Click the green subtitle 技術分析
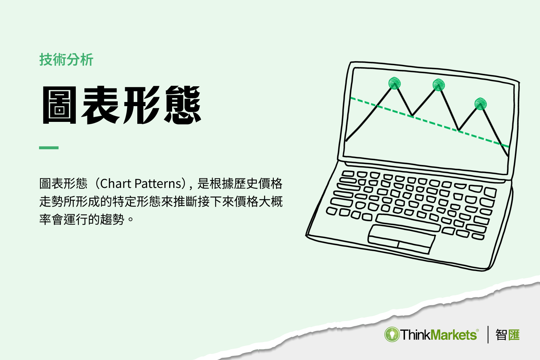coord(66,60)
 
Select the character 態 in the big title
coord(183,105)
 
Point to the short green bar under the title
coord(49,148)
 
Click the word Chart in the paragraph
coord(115,184)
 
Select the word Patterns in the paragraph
coord(158,184)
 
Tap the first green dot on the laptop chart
coord(394,83)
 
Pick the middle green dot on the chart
coord(438,85)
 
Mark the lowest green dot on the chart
coord(480,103)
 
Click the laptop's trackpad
coord(401,239)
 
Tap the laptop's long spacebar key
coord(408,223)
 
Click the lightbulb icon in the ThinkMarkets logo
coord(392,334)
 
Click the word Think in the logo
coord(415,334)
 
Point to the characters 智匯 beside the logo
coord(507,334)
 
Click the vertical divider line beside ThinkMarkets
coord(488,334)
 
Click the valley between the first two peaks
coord(412,115)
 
